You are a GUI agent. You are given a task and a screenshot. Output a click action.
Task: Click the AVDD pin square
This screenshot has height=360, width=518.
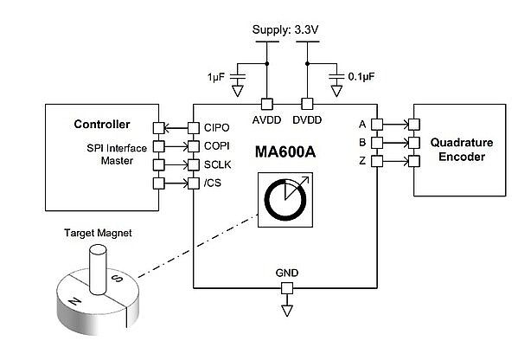click(x=267, y=104)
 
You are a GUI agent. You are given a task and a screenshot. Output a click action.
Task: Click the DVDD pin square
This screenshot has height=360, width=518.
click(x=307, y=104)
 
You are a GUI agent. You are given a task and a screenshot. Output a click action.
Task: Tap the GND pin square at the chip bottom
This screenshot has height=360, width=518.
click(x=287, y=288)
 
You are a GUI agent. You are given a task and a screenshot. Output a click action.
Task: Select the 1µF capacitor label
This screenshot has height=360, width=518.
click(x=216, y=77)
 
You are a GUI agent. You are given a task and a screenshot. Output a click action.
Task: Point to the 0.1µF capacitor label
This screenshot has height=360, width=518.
click(x=361, y=77)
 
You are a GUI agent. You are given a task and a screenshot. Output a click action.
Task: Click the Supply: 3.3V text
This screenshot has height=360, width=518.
click(x=285, y=29)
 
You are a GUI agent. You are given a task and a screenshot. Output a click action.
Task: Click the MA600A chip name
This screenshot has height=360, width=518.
click(x=285, y=152)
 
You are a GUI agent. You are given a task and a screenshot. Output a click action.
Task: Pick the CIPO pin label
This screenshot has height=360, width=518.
click(x=217, y=127)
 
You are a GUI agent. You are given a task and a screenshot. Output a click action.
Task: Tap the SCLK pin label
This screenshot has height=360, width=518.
click(x=217, y=164)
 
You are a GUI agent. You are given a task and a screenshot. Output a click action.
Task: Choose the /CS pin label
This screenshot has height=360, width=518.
click(x=213, y=183)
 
